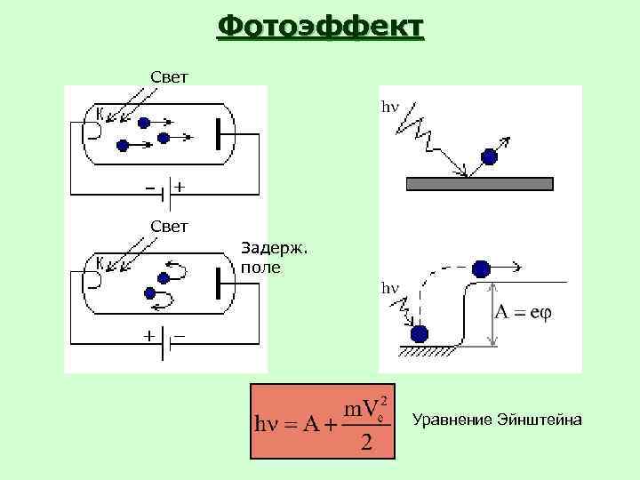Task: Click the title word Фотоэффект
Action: tap(321, 26)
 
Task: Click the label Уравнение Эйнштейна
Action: tap(498, 419)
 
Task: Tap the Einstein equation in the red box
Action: tap(321, 421)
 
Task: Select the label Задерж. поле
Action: tap(274, 257)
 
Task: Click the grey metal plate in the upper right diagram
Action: tap(479, 184)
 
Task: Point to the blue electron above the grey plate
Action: tap(489, 157)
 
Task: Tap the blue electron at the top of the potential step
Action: tap(481, 268)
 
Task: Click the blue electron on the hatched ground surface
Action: tap(420, 333)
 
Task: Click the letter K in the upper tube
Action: tap(100, 113)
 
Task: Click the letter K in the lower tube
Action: tap(100, 260)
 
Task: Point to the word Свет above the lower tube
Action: tap(168, 226)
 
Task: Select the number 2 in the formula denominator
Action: tap(365, 442)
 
